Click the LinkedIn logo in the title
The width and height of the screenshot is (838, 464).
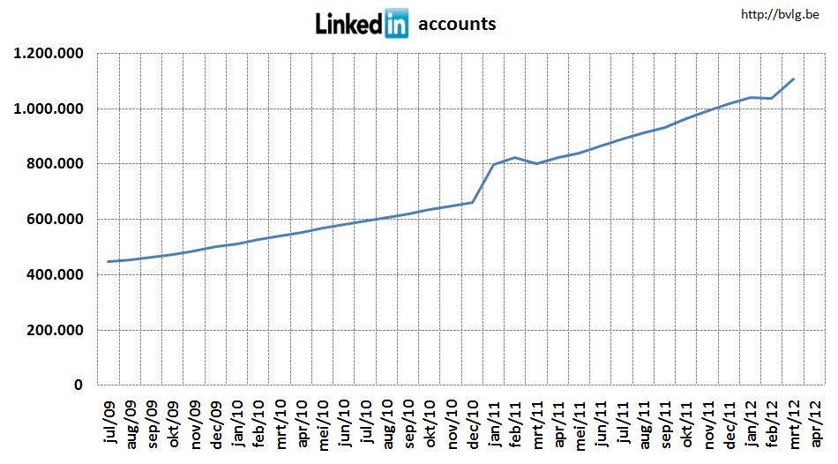(362, 23)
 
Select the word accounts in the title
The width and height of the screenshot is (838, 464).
(457, 24)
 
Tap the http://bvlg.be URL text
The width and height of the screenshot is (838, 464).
(781, 14)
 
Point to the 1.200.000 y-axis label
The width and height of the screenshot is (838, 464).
(49, 54)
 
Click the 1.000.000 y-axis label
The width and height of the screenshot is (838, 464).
(49, 109)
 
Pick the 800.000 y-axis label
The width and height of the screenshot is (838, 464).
(55, 164)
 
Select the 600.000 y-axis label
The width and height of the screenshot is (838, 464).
(55, 220)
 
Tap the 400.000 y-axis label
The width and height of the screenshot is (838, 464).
(55, 275)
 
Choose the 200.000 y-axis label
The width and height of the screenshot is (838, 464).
(55, 331)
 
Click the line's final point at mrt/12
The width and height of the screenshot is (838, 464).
(794, 79)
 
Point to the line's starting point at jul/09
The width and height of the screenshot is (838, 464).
(108, 261)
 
